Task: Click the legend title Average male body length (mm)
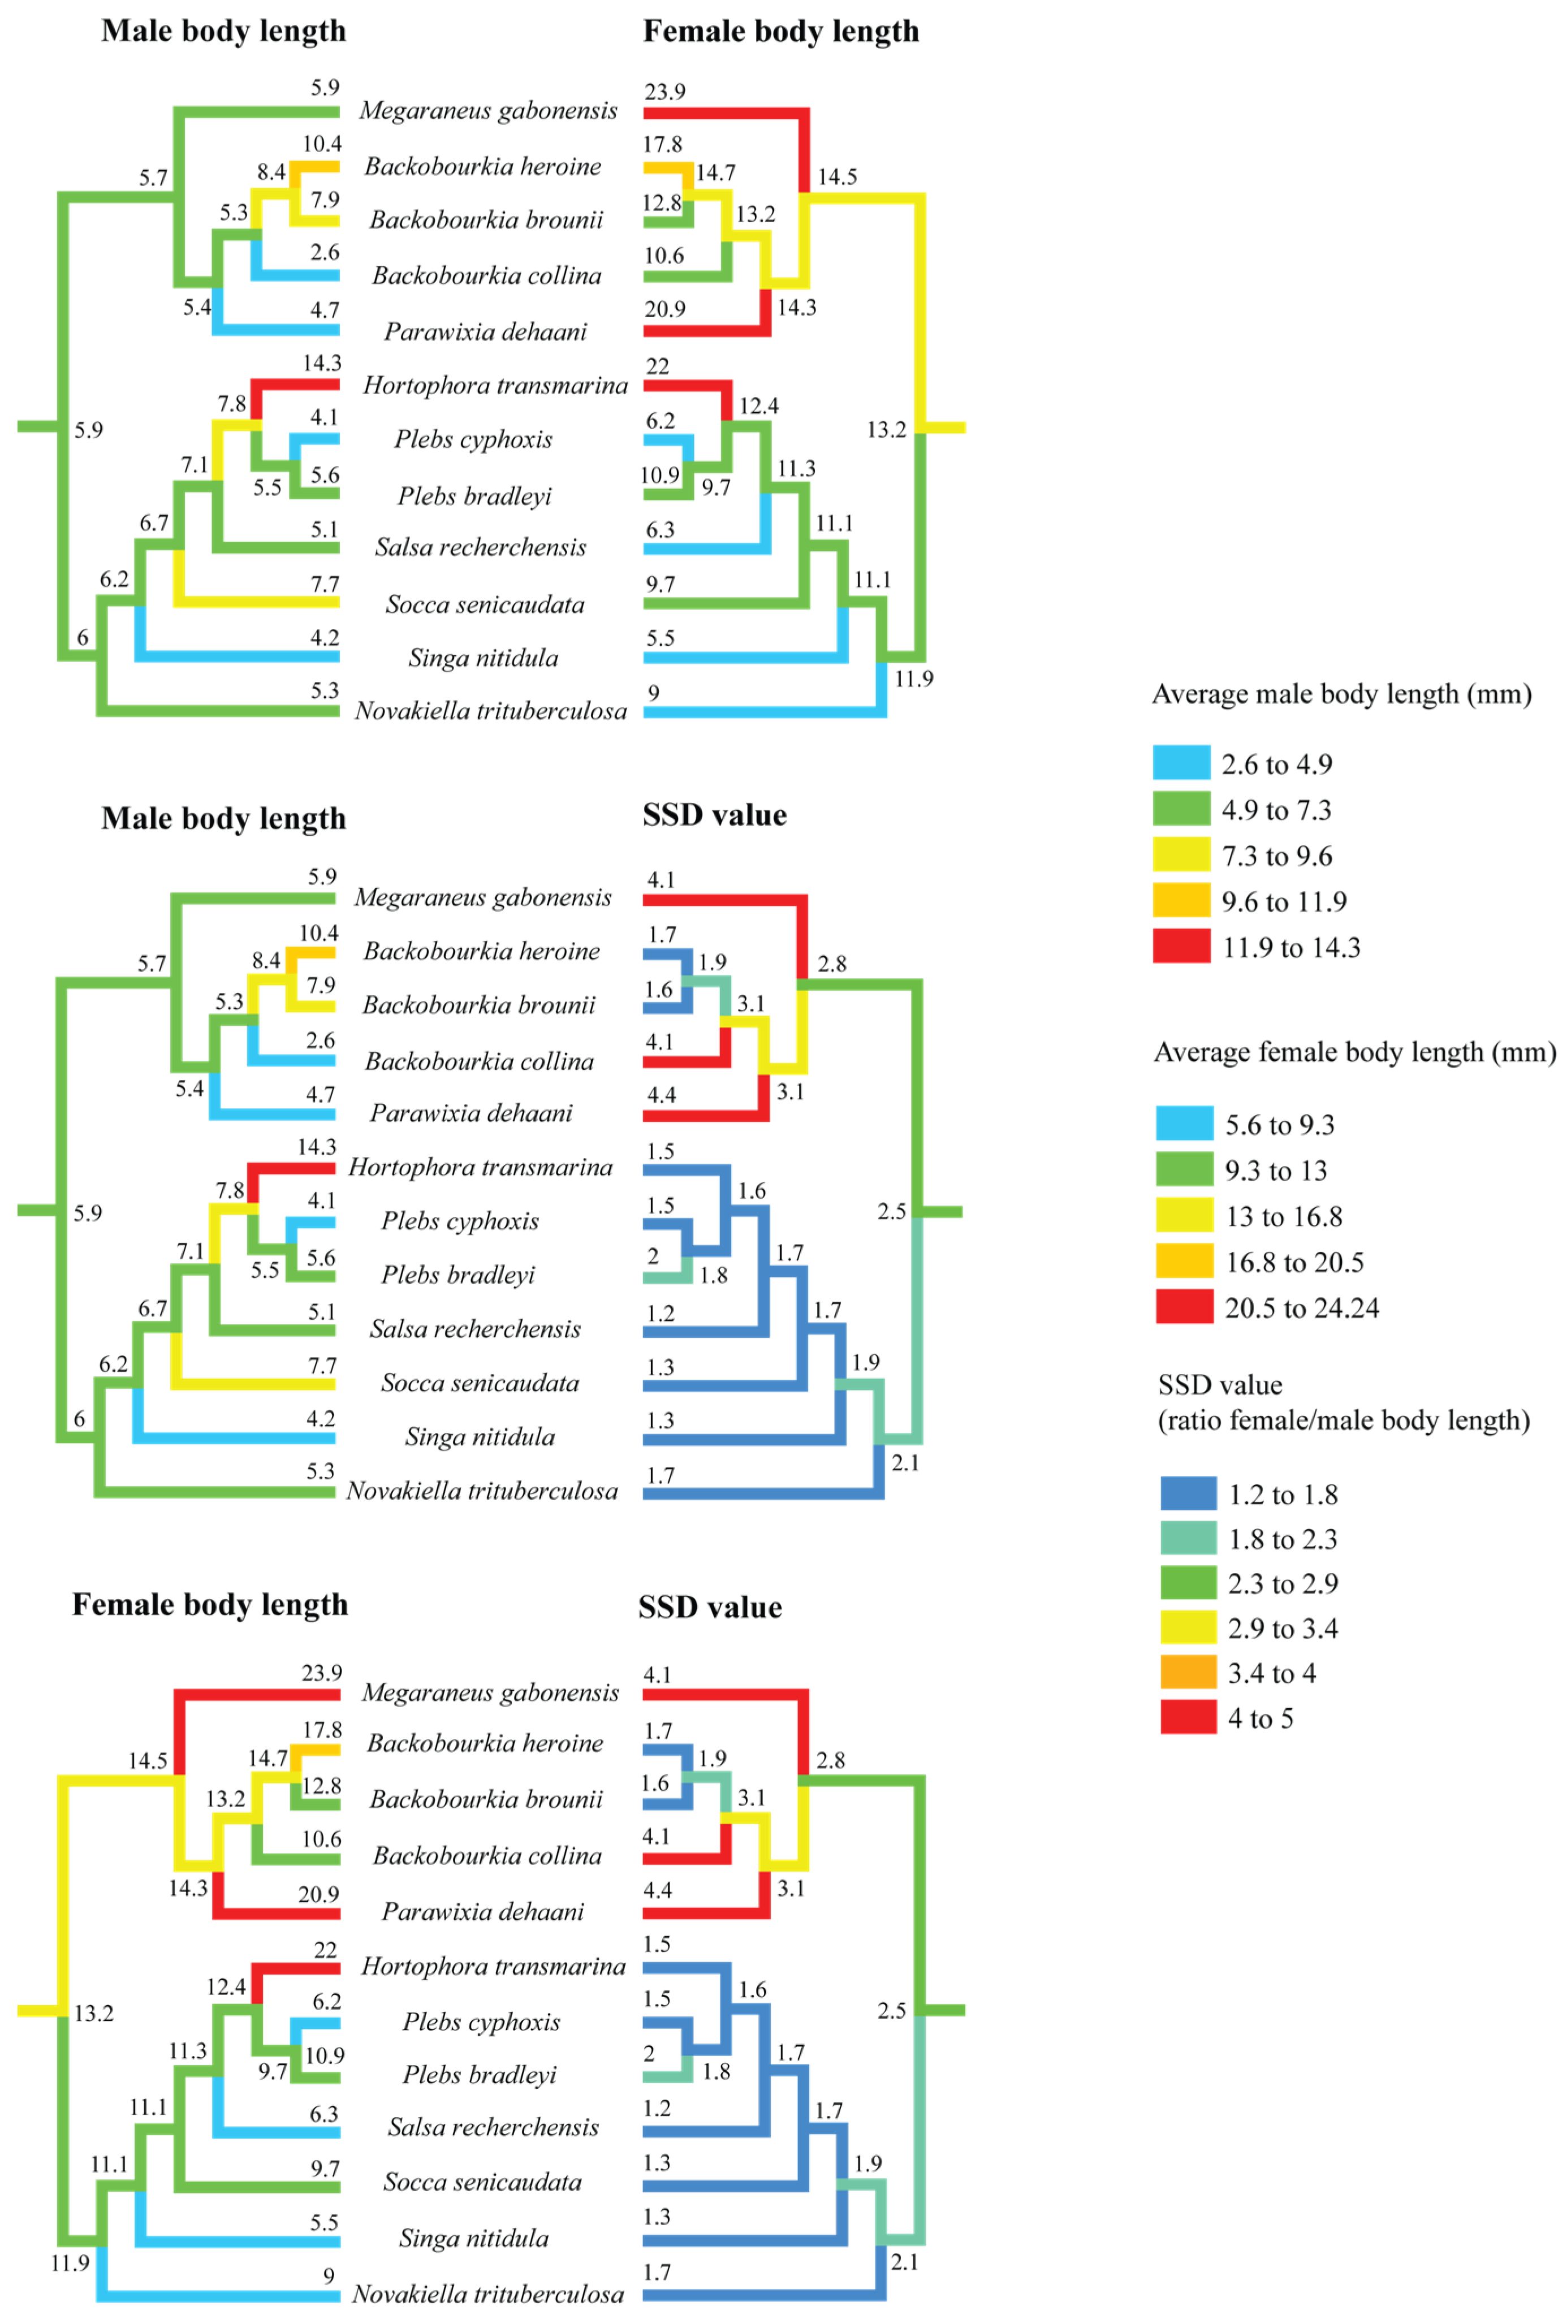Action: pos(1341,694)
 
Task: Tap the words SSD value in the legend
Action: pos(1219,1385)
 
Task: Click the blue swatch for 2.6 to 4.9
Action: pos(1181,763)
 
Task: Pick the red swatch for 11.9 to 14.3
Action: pos(1181,947)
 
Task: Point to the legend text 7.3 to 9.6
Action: pos(1276,856)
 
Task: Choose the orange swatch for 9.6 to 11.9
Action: pos(1181,901)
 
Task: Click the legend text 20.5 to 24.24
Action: pos(1301,1308)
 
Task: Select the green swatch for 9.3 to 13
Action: pos(1185,1169)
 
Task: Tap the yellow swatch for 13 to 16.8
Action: pos(1185,1215)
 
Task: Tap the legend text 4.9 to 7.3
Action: pos(1276,810)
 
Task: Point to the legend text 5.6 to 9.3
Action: pos(1279,1125)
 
